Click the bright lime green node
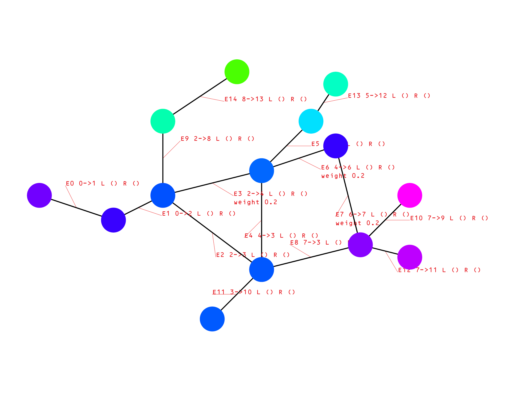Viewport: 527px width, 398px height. click(x=237, y=72)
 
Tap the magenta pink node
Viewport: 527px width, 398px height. click(x=410, y=195)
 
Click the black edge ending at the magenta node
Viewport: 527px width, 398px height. click(x=385, y=220)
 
